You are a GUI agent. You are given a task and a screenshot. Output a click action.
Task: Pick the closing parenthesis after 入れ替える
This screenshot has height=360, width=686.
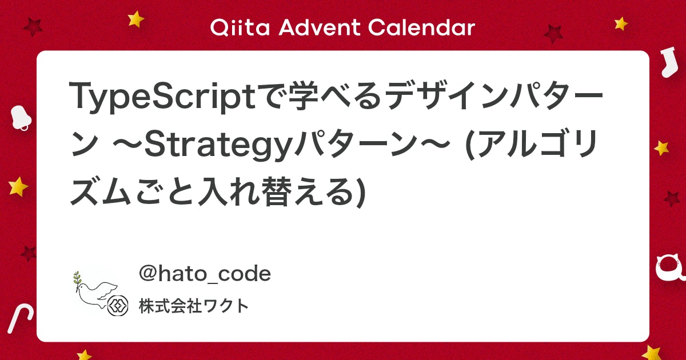coord(361,193)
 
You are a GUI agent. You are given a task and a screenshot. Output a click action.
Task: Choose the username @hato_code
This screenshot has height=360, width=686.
coord(205,274)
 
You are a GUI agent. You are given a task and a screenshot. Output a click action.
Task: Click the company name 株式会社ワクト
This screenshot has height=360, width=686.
coord(194,306)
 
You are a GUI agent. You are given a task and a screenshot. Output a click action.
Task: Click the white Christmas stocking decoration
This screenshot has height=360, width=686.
coord(668,61)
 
